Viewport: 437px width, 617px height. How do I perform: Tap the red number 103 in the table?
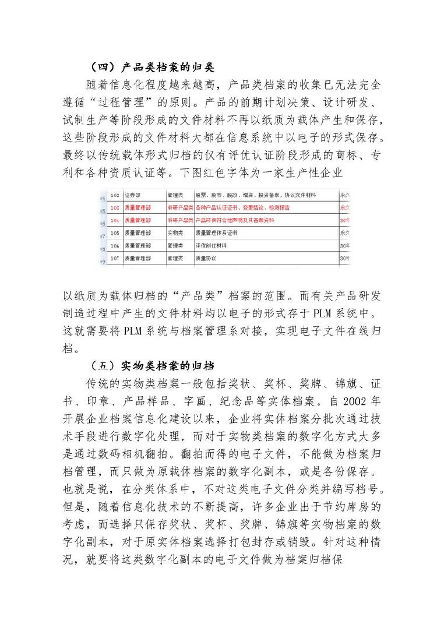click(x=114, y=207)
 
